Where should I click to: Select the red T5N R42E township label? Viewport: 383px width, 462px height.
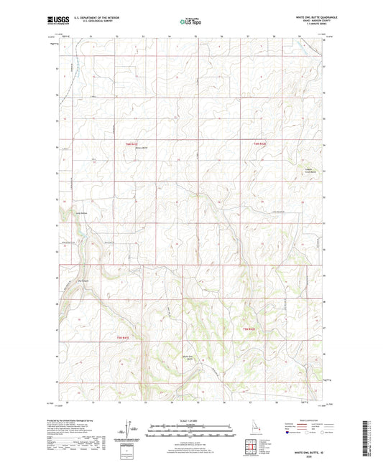pyautogui.click(x=247, y=329)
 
